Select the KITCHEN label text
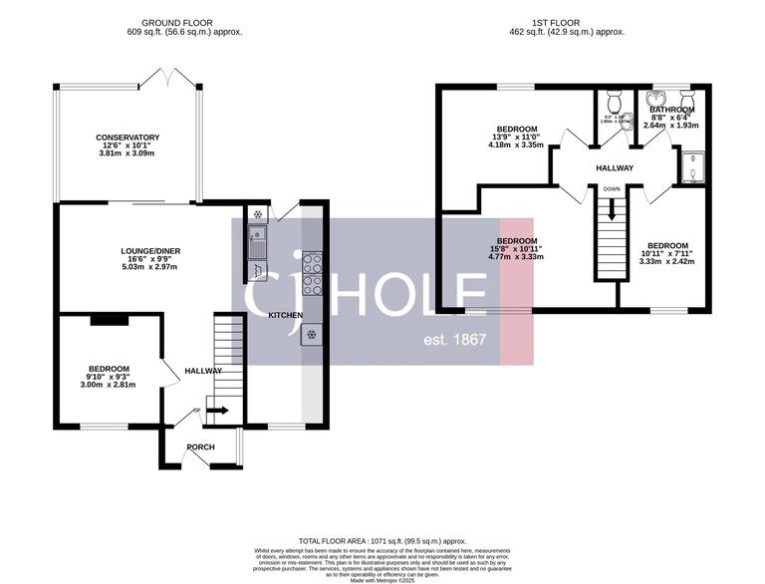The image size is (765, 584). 286,315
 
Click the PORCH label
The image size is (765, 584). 200,446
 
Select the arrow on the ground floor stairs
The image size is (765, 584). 216,410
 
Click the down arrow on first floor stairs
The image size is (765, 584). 612,211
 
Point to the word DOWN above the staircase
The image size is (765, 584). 612,188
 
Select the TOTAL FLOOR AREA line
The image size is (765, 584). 382,538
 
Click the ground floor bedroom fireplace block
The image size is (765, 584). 109,320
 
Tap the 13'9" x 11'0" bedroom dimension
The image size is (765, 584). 517,137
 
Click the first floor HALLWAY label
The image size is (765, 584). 616,167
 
